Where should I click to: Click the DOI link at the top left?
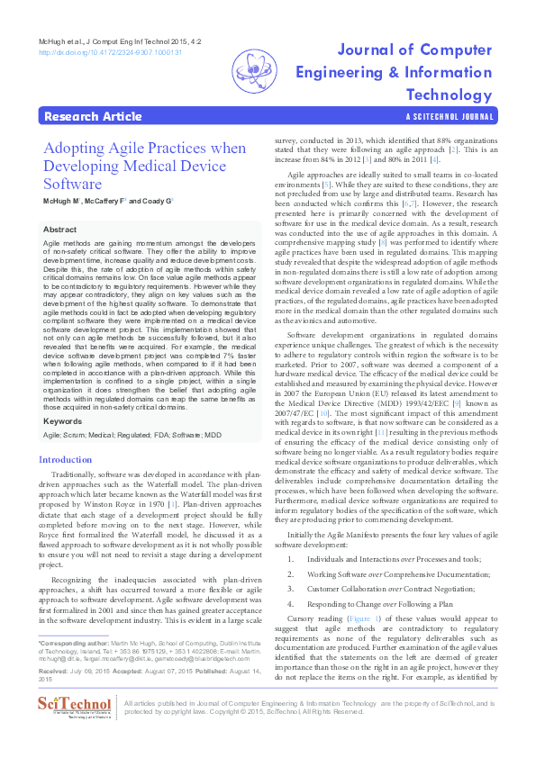[110, 53]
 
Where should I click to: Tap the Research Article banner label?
[92, 116]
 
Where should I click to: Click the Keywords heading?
[64, 421]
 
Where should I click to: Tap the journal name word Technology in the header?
[450, 95]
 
